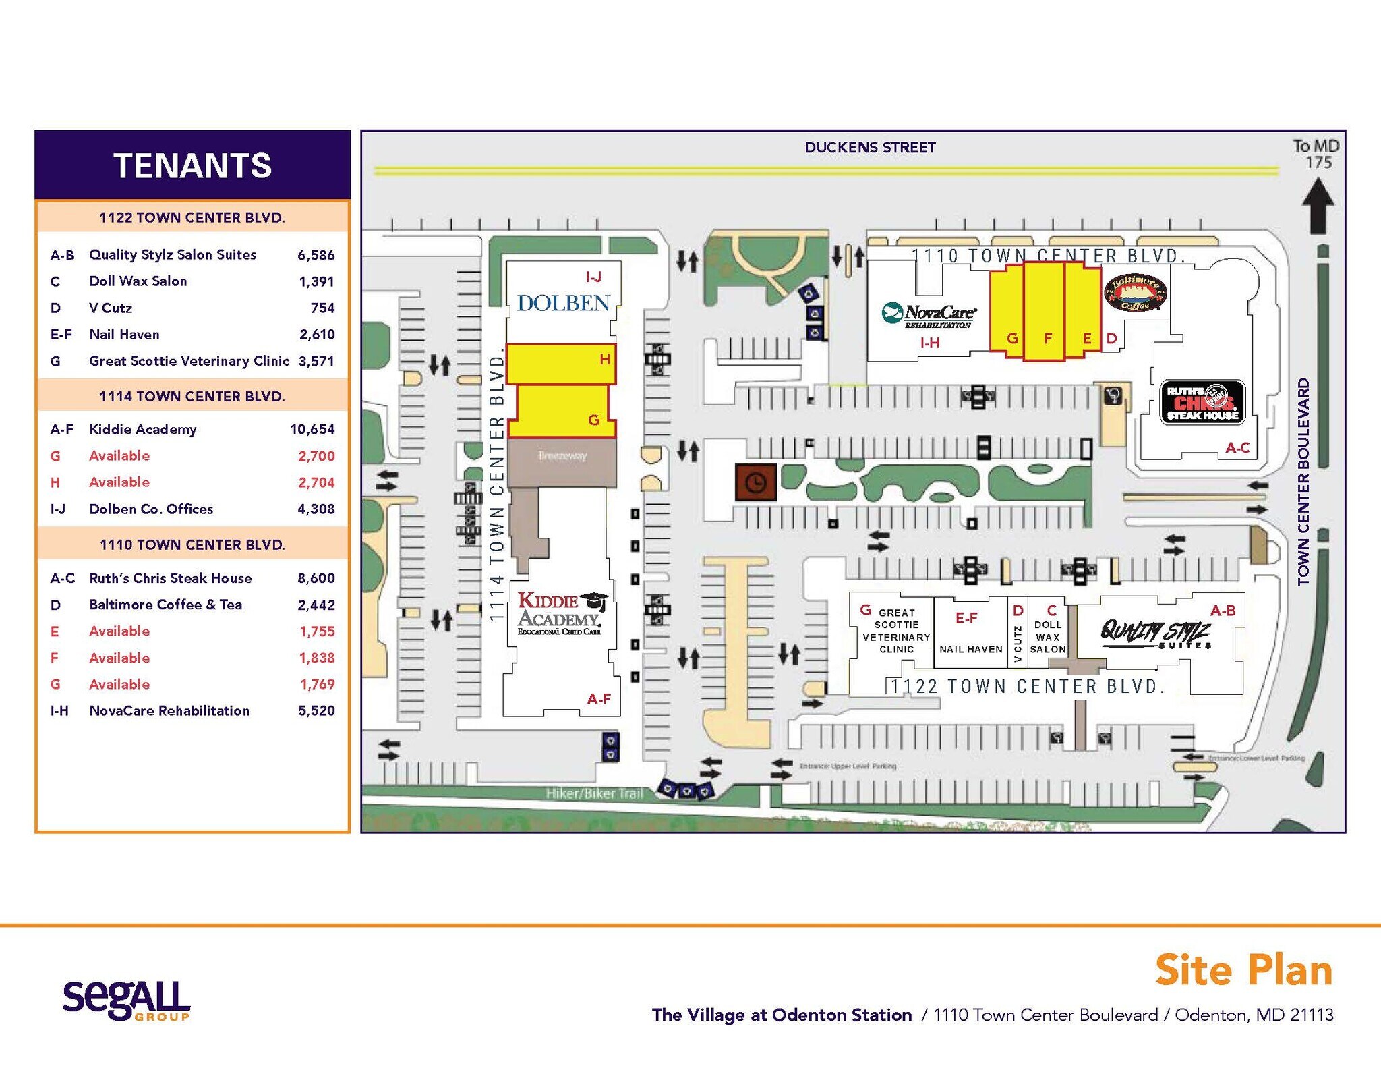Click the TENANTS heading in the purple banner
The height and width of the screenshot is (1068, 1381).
192,165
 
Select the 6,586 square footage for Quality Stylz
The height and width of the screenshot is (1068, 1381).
316,255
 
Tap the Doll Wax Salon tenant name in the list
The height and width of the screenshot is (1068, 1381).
138,281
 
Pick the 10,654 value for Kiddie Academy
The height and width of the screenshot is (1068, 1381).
312,430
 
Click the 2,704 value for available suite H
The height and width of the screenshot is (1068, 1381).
316,482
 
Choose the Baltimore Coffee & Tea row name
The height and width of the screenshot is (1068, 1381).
166,605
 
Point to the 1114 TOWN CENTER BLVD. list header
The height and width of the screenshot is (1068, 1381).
192,397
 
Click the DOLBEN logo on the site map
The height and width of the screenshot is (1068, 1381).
563,303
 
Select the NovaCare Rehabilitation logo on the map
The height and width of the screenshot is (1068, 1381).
929,315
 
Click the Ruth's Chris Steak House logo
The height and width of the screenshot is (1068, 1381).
1202,402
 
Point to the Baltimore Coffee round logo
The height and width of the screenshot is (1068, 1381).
1136,292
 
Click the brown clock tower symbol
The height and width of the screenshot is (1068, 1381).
755,482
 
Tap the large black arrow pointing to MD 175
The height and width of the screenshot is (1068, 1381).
1317,205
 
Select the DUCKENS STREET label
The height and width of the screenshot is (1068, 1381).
870,148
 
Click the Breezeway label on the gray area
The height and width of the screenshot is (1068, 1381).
562,456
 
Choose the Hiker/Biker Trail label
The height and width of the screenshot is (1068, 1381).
594,793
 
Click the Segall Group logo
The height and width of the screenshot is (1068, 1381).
126,1000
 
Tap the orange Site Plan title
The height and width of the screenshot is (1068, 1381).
1243,970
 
